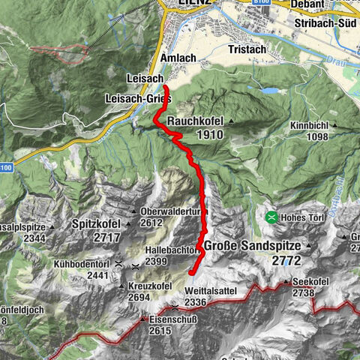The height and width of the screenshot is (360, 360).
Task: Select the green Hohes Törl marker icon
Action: click(x=270, y=217)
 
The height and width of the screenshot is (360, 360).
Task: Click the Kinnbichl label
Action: click(x=307, y=124)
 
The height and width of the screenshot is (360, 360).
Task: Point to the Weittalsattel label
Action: click(x=185, y=289)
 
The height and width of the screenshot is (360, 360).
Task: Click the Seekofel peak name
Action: click(x=312, y=283)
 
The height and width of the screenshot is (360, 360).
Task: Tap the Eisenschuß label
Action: click(x=172, y=319)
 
